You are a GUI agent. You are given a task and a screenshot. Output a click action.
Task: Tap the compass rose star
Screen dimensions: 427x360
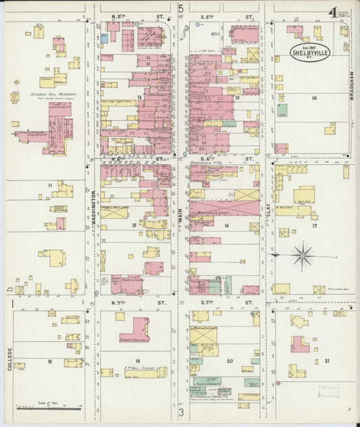[303, 255]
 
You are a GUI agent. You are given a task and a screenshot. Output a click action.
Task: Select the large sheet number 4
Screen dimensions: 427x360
[334, 12]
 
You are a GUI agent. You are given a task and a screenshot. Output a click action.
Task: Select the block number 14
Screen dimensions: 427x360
[313, 99]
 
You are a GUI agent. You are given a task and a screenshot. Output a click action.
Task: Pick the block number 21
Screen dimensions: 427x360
[328, 361]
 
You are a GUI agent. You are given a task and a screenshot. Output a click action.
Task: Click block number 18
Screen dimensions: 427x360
[49, 361]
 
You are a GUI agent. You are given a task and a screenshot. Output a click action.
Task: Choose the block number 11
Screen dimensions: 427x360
[49, 185]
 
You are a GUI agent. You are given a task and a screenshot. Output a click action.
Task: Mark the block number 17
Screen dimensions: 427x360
[314, 226]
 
